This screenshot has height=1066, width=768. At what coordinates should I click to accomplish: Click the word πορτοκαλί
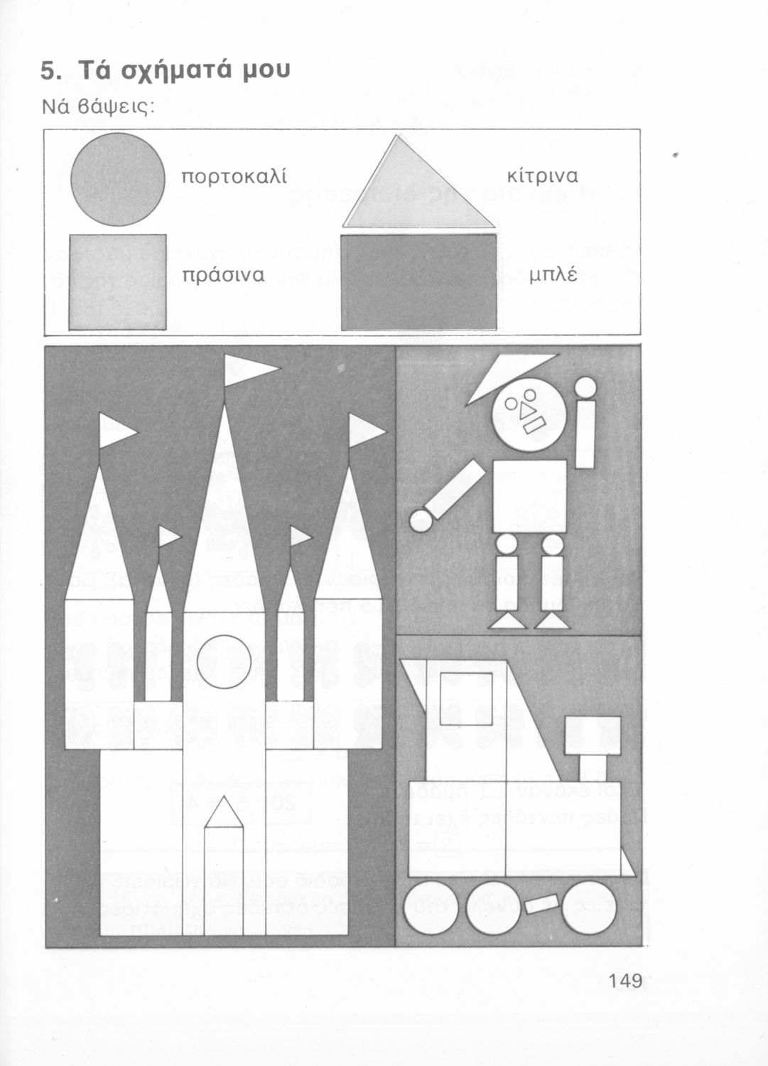tap(234, 177)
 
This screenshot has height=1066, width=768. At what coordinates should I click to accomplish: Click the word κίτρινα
tap(543, 176)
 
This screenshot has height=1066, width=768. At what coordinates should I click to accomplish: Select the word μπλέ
tap(553, 276)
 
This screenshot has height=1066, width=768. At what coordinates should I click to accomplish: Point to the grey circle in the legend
tap(117, 179)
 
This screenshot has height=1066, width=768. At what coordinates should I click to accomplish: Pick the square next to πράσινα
tap(117, 281)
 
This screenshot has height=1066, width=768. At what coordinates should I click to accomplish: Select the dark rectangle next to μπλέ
tap(418, 281)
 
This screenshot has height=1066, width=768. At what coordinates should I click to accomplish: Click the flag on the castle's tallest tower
tap(247, 370)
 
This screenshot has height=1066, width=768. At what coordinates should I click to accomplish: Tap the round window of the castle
tap(224, 662)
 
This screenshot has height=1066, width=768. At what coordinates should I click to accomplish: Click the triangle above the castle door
tap(224, 810)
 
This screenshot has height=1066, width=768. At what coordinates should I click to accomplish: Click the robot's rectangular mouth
tap(534, 424)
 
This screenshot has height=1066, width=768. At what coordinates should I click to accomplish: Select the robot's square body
tap(529, 496)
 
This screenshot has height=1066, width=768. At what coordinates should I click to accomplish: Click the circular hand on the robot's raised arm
tap(585, 387)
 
